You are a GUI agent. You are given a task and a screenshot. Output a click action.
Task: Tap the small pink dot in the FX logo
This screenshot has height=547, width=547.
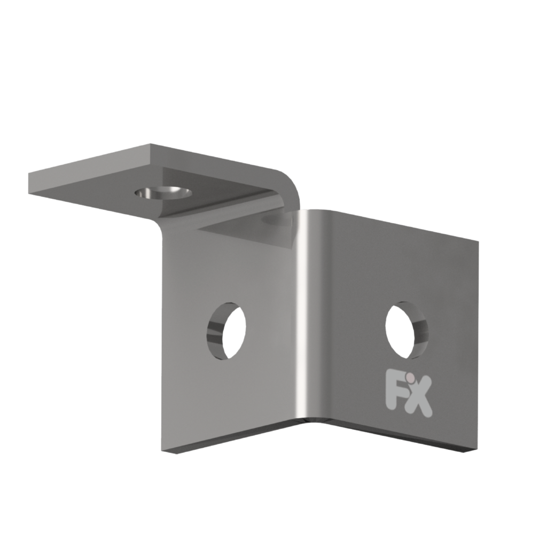(409, 379)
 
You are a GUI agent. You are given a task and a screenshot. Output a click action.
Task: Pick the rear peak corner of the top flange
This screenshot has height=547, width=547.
(151, 144)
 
